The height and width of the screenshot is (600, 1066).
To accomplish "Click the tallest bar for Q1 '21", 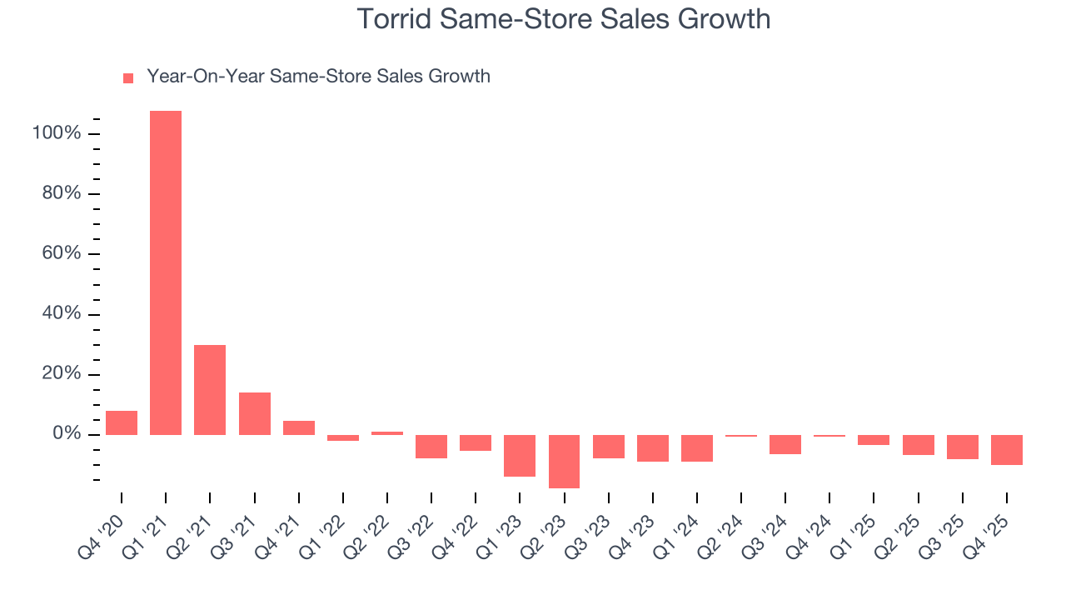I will point(166,272).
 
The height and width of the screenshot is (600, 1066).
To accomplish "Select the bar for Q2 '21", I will point(210,390).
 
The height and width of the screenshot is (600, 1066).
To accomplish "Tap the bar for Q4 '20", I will point(122,422).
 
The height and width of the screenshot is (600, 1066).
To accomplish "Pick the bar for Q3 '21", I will point(255,413).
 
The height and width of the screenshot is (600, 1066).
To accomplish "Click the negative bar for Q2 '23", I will point(564,461).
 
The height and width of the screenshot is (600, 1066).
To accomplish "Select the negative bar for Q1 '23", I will point(520,455).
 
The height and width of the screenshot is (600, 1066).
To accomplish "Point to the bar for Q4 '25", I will point(1007,449).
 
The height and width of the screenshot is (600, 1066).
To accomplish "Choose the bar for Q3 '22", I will point(431,446).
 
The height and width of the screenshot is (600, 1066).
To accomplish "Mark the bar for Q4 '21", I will point(299,427).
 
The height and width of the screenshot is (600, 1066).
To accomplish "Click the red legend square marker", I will point(128,78).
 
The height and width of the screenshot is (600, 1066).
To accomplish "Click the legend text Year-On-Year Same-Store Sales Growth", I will point(318,77).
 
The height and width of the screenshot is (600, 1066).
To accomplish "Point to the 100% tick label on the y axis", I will point(56,133).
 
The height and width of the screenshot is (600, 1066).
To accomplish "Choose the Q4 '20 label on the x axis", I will point(102,530).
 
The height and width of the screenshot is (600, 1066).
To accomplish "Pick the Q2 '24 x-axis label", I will point(721,530).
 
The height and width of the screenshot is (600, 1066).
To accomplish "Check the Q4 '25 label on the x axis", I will point(987,530).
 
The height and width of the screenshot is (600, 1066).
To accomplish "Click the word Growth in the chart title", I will point(724,18).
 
